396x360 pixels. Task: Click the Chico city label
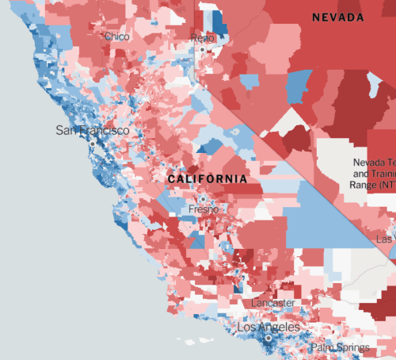point(116,36)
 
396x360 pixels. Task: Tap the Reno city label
point(203,38)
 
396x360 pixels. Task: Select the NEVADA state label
point(337,17)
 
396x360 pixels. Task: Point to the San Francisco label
point(92,130)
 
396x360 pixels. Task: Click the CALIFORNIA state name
point(207,179)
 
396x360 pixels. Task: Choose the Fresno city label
point(204,209)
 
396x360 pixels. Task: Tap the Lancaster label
point(272,303)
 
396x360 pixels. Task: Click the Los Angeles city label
point(268,327)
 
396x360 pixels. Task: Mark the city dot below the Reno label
point(203,49)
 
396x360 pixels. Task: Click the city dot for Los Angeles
point(268,339)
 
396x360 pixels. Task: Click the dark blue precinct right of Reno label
point(220,24)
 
